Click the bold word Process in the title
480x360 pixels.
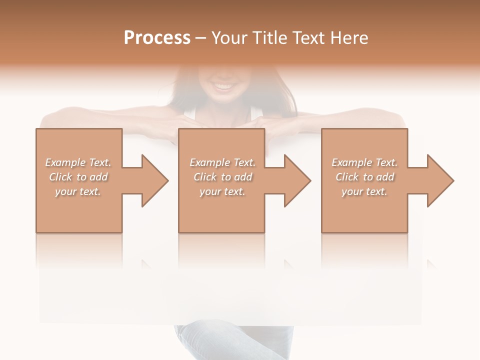(157, 38)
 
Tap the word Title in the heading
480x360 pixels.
(267, 38)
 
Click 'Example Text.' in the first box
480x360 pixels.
(78, 162)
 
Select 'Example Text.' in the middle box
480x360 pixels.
(222, 162)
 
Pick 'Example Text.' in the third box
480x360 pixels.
(364, 162)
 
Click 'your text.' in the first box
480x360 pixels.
(78, 191)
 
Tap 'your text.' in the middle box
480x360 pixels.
(222, 191)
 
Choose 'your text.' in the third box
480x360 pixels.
(364, 191)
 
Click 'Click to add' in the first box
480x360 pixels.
(78, 177)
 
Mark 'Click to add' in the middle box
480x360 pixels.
(222, 177)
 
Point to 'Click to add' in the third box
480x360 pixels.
(364, 177)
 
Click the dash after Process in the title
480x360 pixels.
(201, 38)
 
